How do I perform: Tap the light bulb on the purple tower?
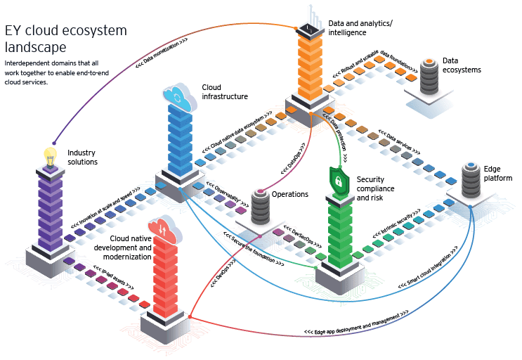(50, 157)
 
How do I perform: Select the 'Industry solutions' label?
(82, 157)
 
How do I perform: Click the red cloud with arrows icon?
(162, 229)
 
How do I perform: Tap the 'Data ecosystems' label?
(462, 65)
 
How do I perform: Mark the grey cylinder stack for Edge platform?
(471, 181)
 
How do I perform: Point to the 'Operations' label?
(290, 194)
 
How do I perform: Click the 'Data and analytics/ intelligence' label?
(361, 27)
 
